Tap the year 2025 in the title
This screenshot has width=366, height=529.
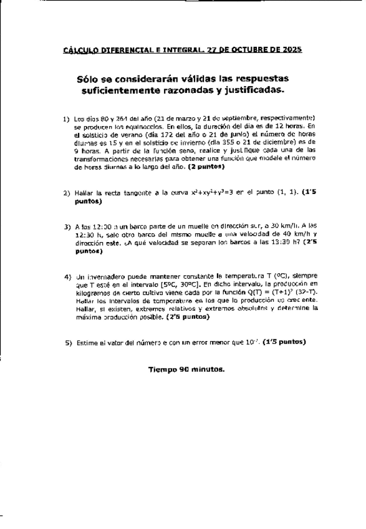(x=292, y=49)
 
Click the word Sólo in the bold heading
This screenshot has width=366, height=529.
(x=87, y=80)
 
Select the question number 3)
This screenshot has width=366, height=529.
(x=66, y=227)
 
